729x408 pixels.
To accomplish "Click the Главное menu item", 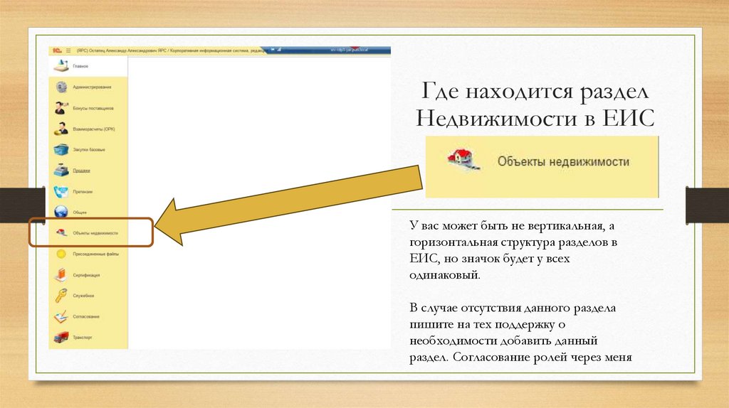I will tap(80, 66).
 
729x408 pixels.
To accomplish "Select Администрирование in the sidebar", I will tap(91, 87).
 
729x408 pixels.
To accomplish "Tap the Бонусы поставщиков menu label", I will tap(93, 109).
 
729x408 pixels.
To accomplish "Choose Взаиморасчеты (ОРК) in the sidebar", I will tap(93, 129).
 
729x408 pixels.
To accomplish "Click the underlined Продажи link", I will tap(81, 171).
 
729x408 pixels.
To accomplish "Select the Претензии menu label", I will tap(83, 191).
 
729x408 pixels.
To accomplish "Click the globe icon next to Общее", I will tap(61, 212).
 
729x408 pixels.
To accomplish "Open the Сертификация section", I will tap(86, 274).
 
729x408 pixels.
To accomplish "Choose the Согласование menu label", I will tap(86, 316).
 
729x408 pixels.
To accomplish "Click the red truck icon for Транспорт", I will tap(61, 337).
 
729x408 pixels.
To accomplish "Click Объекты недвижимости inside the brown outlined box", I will tap(95, 233).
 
